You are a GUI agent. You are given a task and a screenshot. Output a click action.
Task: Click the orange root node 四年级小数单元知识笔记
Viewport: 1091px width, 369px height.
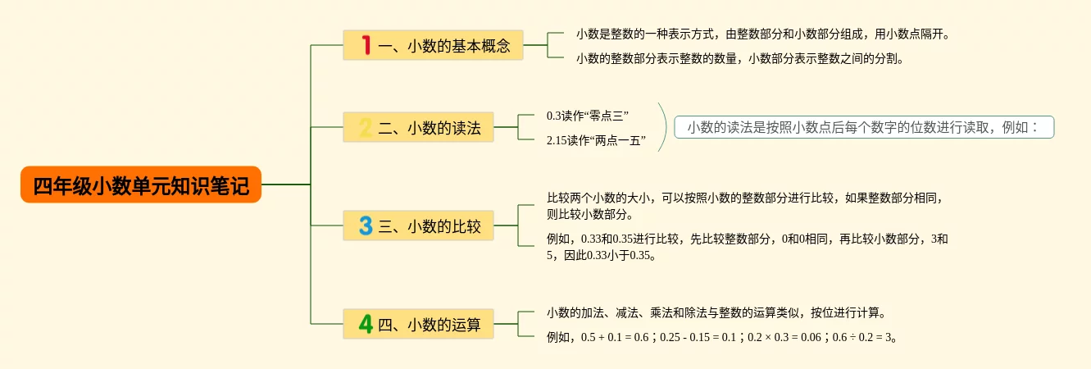[x=141, y=185]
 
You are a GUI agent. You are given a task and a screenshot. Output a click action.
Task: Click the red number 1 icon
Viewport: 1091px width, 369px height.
[x=366, y=46]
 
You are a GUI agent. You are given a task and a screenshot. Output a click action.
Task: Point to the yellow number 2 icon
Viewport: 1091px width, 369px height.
[x=366, y=128]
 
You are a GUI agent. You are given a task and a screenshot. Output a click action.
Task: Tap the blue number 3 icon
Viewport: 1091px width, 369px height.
[x=366, y=226]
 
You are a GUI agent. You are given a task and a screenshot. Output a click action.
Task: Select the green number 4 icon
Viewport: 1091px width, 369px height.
[x=366, y=324]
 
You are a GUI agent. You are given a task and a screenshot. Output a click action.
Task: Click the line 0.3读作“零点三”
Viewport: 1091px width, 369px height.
[x=588, y=116]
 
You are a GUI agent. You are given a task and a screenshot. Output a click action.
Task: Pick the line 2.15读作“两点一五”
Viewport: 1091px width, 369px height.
[x=596, y=141]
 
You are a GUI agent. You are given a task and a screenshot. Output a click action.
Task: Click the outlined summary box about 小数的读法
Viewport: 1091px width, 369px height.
[x=863, y=127]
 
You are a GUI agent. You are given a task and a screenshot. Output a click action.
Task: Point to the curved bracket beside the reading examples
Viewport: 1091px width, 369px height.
[x=663, y=128]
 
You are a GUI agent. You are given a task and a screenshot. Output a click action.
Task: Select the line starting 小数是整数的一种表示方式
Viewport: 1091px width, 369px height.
[x=762, y=34]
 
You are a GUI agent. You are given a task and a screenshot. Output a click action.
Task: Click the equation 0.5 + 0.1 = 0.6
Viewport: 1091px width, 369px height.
[x=615, y=337]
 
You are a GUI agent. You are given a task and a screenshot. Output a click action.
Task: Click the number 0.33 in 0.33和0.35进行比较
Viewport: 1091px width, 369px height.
[x=590, y=239]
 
